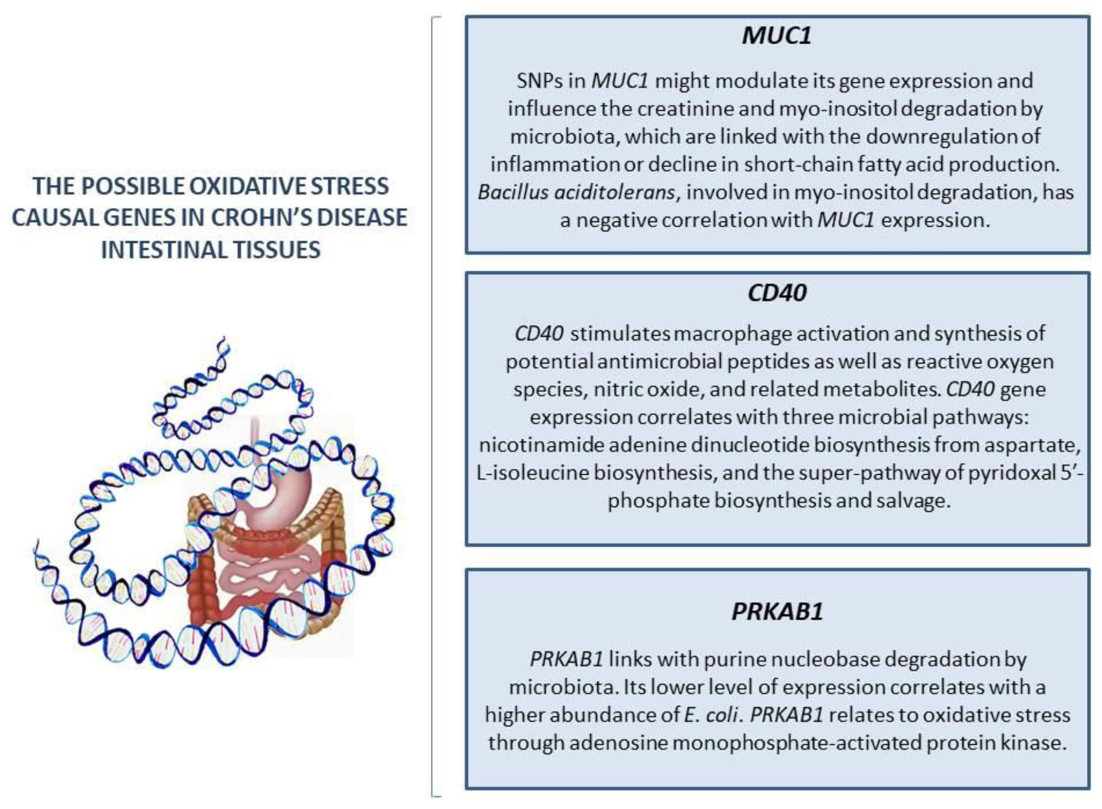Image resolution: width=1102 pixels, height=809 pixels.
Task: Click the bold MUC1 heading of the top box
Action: click(x=777, y=36)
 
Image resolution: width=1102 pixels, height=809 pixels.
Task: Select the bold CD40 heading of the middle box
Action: click(x=777, y=293)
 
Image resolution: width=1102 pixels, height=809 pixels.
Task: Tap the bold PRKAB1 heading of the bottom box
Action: click(x=777, y=611)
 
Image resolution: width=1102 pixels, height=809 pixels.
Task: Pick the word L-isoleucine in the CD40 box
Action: click(x=532, y=473)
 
